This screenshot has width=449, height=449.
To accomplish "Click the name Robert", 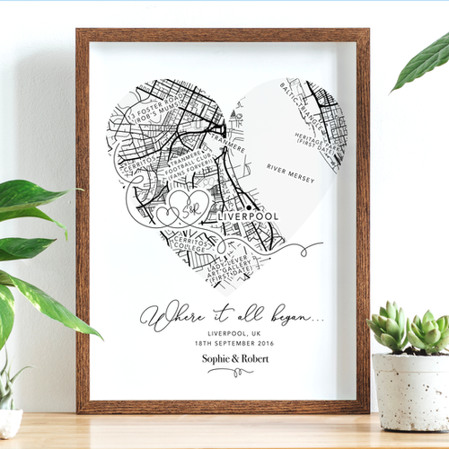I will pos(253,361).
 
